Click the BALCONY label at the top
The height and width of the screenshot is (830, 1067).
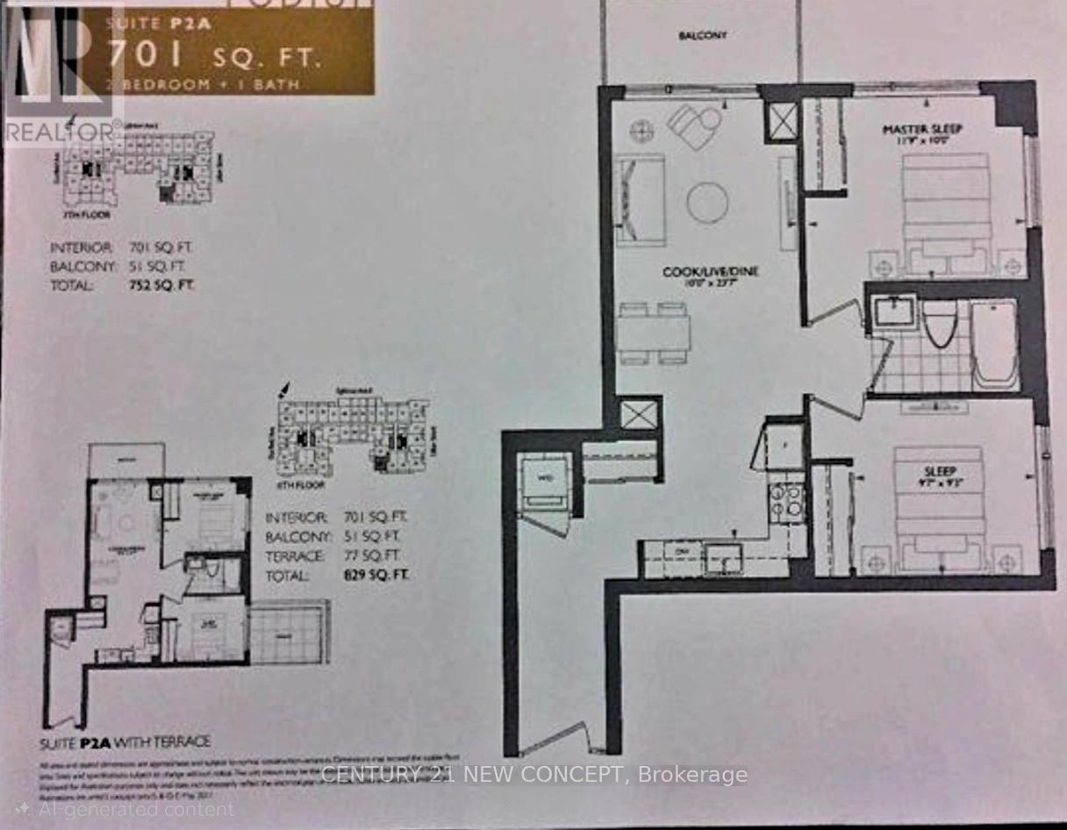tap(703, 36)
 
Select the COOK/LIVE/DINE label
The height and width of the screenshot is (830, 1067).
tap(710, 273)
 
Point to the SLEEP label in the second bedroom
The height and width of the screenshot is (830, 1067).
tap(939, 471)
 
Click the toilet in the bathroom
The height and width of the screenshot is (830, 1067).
tap(939, 323)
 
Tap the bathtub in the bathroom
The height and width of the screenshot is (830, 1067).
tap(995, 344)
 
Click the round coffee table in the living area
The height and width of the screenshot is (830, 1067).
tap(707, 203)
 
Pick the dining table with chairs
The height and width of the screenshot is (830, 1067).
tap(653, 333)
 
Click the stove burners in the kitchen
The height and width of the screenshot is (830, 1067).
tap(786, 501)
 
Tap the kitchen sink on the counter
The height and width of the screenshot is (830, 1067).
tap(725, 556)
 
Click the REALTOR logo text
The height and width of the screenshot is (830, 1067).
tap(61, 132)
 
